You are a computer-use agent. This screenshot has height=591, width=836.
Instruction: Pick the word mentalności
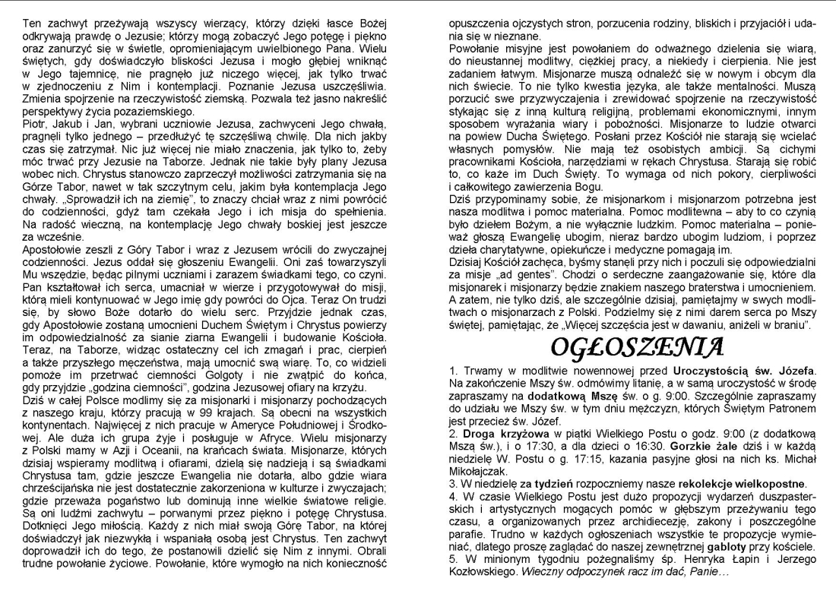coord(768,87)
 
